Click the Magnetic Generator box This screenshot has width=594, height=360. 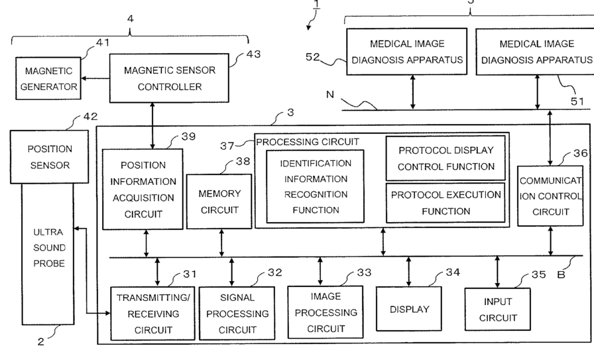click(48, 78)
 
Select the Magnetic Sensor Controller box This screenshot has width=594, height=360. click(169, 78)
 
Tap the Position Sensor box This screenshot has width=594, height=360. click(49, 157)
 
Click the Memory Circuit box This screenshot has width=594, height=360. click(219, 202)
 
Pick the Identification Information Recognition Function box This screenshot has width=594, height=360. click(315, 186)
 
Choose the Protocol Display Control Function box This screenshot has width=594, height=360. click(446, 158)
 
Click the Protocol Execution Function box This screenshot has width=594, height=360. click(446, 203)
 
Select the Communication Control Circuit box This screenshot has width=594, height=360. click(550, 196)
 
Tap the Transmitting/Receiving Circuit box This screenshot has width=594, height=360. click(152, 314)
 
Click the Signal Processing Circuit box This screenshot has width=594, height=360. click(237, 314)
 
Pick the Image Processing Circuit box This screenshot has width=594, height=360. click(326, 312)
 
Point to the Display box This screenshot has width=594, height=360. click(409, 309)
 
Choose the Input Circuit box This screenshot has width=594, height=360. click(498, 309)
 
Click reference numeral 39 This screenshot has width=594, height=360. click(189, 137)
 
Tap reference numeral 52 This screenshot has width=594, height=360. click(313, 57)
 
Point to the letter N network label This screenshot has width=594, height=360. click(330, 95)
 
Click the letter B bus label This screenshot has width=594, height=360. click(561, 274)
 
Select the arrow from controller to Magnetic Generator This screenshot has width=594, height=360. click(95, 78)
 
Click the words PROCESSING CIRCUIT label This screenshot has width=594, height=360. click(308, 142)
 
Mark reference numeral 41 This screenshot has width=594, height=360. click(103, 42)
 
